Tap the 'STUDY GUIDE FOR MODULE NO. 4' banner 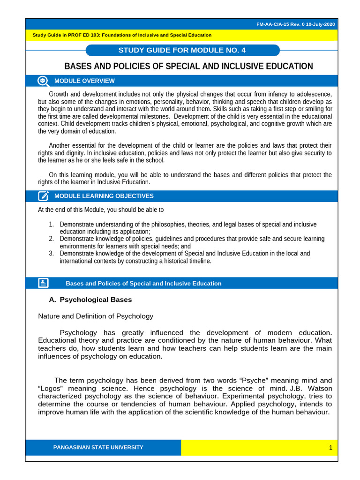coord(182,51)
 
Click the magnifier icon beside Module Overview coord(43,81)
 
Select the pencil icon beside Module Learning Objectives coord(43,196)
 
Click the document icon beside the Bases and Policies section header coord(43,283)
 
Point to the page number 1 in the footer coord(330,448)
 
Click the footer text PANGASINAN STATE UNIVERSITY coord(98,448)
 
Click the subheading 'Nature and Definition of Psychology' coord(96,316)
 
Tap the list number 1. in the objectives coord(52,225)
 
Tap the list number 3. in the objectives coord(52,254)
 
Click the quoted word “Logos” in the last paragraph coord(52,389)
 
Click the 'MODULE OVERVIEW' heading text coord(84,81)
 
